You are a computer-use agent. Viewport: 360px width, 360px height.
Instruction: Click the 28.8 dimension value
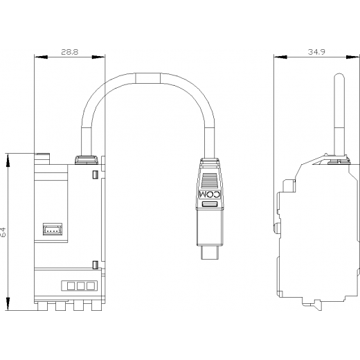point(70,52)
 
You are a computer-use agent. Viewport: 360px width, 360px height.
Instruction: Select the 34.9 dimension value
point(316,52)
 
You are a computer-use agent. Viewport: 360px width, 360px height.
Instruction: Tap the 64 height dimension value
point(3,232)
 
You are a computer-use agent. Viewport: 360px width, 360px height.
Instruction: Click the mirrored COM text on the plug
point(210,195)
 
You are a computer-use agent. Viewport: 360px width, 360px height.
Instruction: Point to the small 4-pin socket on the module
point(53,229)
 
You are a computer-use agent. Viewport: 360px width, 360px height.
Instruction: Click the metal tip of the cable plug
point(210,252)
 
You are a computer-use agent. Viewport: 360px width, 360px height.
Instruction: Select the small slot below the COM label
point(210,204)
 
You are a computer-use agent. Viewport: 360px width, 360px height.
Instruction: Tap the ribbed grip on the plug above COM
point(210,180)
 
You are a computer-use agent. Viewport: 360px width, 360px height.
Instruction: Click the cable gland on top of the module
point(87,160)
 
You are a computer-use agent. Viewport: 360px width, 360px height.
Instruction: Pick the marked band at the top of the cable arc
point(148,78)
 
